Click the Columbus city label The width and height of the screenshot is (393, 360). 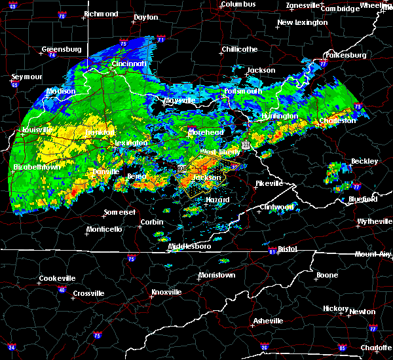[237, 4]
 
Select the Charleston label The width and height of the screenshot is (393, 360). [337, 120]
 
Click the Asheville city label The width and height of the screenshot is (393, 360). [269, 321]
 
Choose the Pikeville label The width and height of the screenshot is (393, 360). [269, 183]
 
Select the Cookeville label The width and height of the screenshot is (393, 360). [57, 278]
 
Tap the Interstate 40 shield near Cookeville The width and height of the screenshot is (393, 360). [62, 290]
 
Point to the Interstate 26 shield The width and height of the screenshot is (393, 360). [265, 346]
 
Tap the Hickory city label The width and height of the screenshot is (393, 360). [335, 308]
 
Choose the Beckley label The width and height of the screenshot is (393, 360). [364, 161]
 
